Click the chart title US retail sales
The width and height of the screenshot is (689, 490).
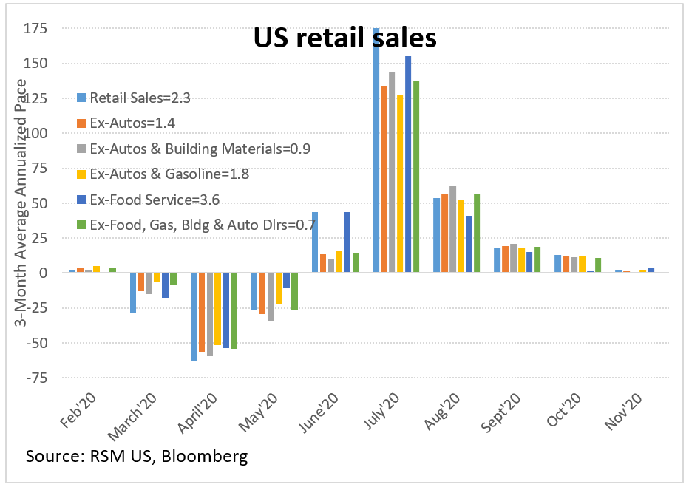(x=344, y=38)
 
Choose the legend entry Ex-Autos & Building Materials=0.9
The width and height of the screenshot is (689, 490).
(x=193, y=149)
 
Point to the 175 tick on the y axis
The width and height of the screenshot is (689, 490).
(x=35, y=29)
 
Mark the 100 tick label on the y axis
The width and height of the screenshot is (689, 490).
(x=35, y=133)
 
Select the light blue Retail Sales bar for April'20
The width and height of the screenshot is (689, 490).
(x=194, y=316)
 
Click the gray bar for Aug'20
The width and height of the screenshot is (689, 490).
(x=452, y=229)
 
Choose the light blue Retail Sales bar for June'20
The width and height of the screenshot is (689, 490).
(x=315, y=242)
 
